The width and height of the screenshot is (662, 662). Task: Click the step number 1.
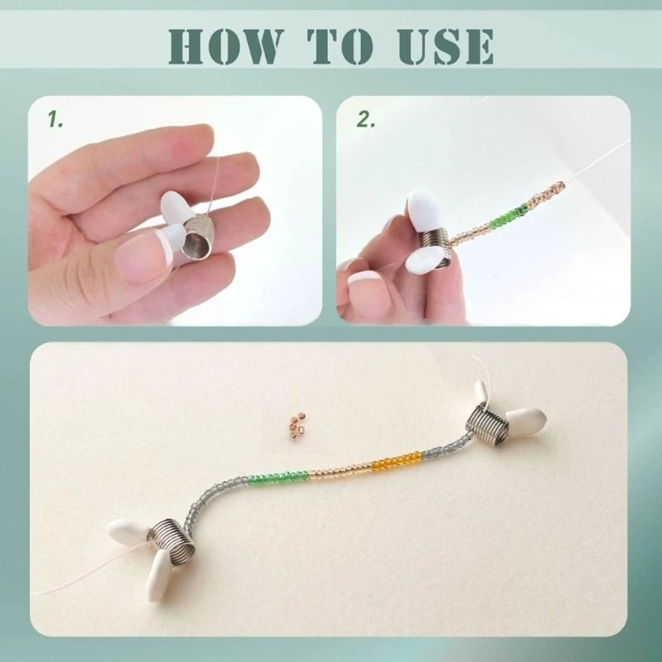click(55, 119)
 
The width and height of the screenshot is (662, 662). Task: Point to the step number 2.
click(365, 119)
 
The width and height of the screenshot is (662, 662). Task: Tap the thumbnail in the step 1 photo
click(142, 254)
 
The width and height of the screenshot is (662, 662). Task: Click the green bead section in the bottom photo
click(278, 477)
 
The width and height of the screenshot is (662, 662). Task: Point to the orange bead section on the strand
click(396, 461)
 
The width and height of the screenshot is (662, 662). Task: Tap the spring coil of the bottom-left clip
click(171, 541)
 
